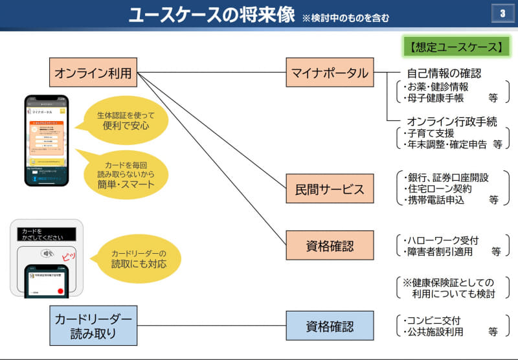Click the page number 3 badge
(x=502, y=14)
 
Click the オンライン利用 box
(x=93, y=73)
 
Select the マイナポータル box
(x=330, y=73)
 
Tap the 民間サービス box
(x=330, y=189)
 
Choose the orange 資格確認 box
(x=330, y=245)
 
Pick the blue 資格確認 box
(x=330, y=325)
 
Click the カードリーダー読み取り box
(x=93, y=325)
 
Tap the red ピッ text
(x=69, y=257)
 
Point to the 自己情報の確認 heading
(x=444, y=73)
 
